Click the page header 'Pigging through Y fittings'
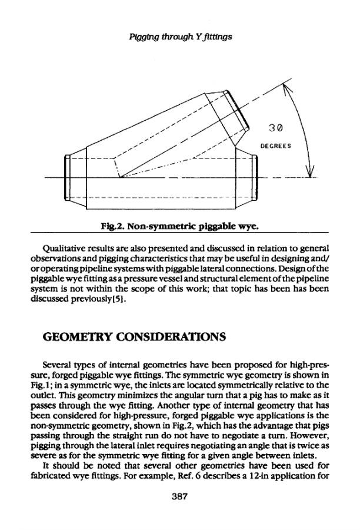[x=180, y=37]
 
